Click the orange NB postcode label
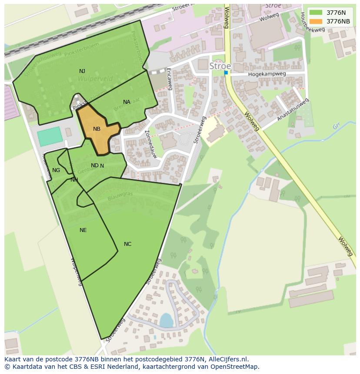(97, 129)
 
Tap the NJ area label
(82, 71)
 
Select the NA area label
(127, 102)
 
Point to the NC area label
(127, 244)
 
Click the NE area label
(83, 230)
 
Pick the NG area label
(56, 170)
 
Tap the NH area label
(74, 180)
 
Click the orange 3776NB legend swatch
(316, 21)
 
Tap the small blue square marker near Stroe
(226, 73)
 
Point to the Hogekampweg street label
(267, 74)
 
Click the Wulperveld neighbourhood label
(95, 79)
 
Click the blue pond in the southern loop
(166, 321)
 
